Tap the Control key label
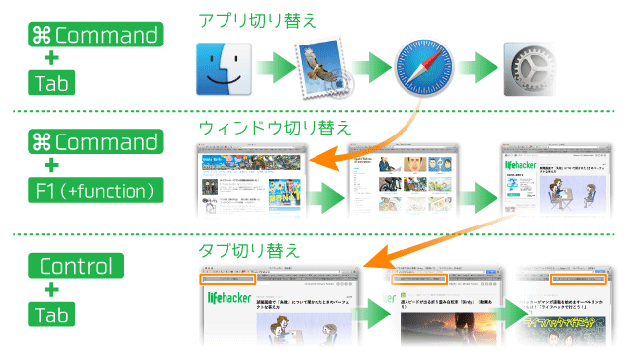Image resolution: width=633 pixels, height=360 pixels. click(80, 267)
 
